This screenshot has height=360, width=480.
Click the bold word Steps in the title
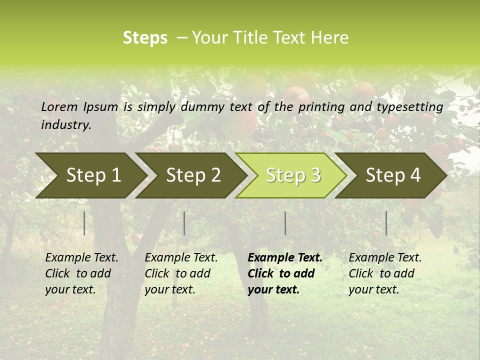[145, 38]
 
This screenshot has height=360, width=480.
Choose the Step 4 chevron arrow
[393, 175]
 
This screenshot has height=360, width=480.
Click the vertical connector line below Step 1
[84, 223]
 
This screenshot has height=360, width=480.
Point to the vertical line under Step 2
[184, 223]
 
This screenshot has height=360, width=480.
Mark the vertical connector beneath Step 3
[285, 223]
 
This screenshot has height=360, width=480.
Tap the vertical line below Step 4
[386, 223]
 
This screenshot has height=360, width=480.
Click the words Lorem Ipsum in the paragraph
[79, 107]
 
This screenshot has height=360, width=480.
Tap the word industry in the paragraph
[65, 125]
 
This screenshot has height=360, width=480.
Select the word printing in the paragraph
[321, 107]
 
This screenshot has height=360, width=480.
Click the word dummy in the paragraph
[202, 107]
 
